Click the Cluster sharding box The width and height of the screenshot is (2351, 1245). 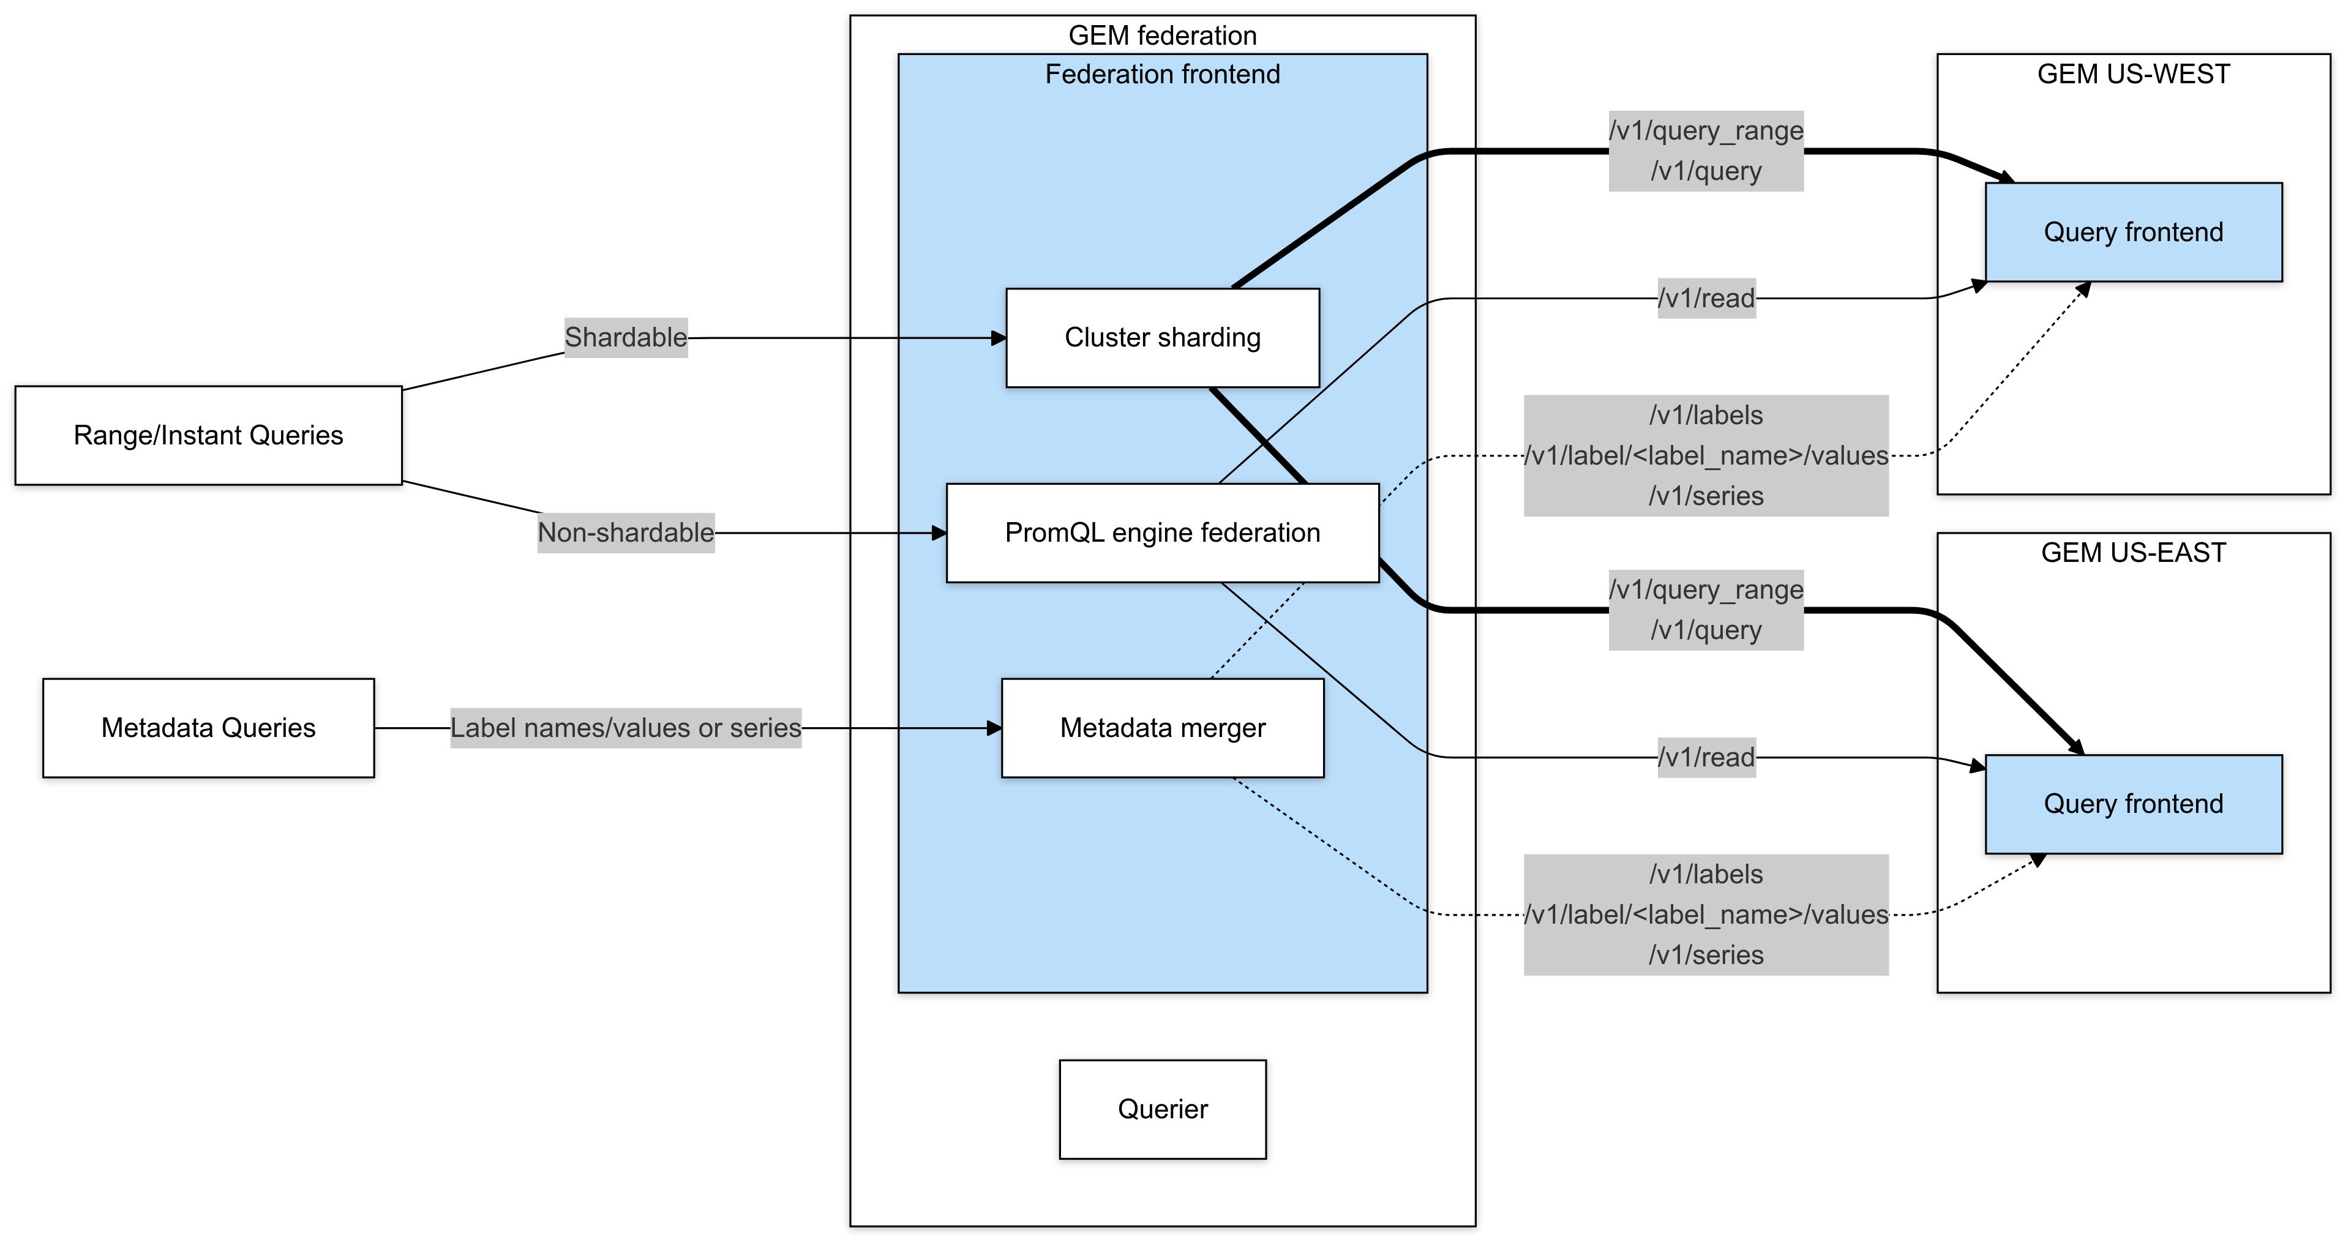click(x=1162, y=338)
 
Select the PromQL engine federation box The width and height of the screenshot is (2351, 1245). click(x=1162, y=532)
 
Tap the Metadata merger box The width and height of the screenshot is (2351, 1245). click(x=1162, y=727)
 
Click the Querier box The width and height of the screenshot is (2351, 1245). click(x=1162, y=1109)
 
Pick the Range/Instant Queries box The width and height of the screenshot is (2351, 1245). click(x=208, y=435)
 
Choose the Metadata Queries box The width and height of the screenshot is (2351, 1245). click(x=208, y=727)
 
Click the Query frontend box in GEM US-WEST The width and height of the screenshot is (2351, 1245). click(x=2133, y=232)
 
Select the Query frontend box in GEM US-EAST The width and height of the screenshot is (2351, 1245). click(x=2133, y=803)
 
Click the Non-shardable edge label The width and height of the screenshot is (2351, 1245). click(x=625, y=532)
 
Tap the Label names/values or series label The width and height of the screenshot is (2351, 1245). click(x=625, y=727)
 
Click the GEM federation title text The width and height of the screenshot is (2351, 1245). click(x=1162, y=36)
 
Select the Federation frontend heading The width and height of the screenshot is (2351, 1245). click(x=1162, y=74)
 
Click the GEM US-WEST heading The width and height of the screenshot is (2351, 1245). click(x=2133, y=74)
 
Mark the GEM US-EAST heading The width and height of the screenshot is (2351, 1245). click(x=2133, y=552)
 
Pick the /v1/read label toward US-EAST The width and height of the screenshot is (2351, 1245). click(x=1706, y=757)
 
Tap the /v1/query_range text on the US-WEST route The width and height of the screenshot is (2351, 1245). click(x=1706, y=130)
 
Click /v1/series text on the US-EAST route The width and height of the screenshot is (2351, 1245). click(x=1706, y=955)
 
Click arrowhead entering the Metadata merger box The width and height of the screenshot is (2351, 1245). click(x=995, y=727)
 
